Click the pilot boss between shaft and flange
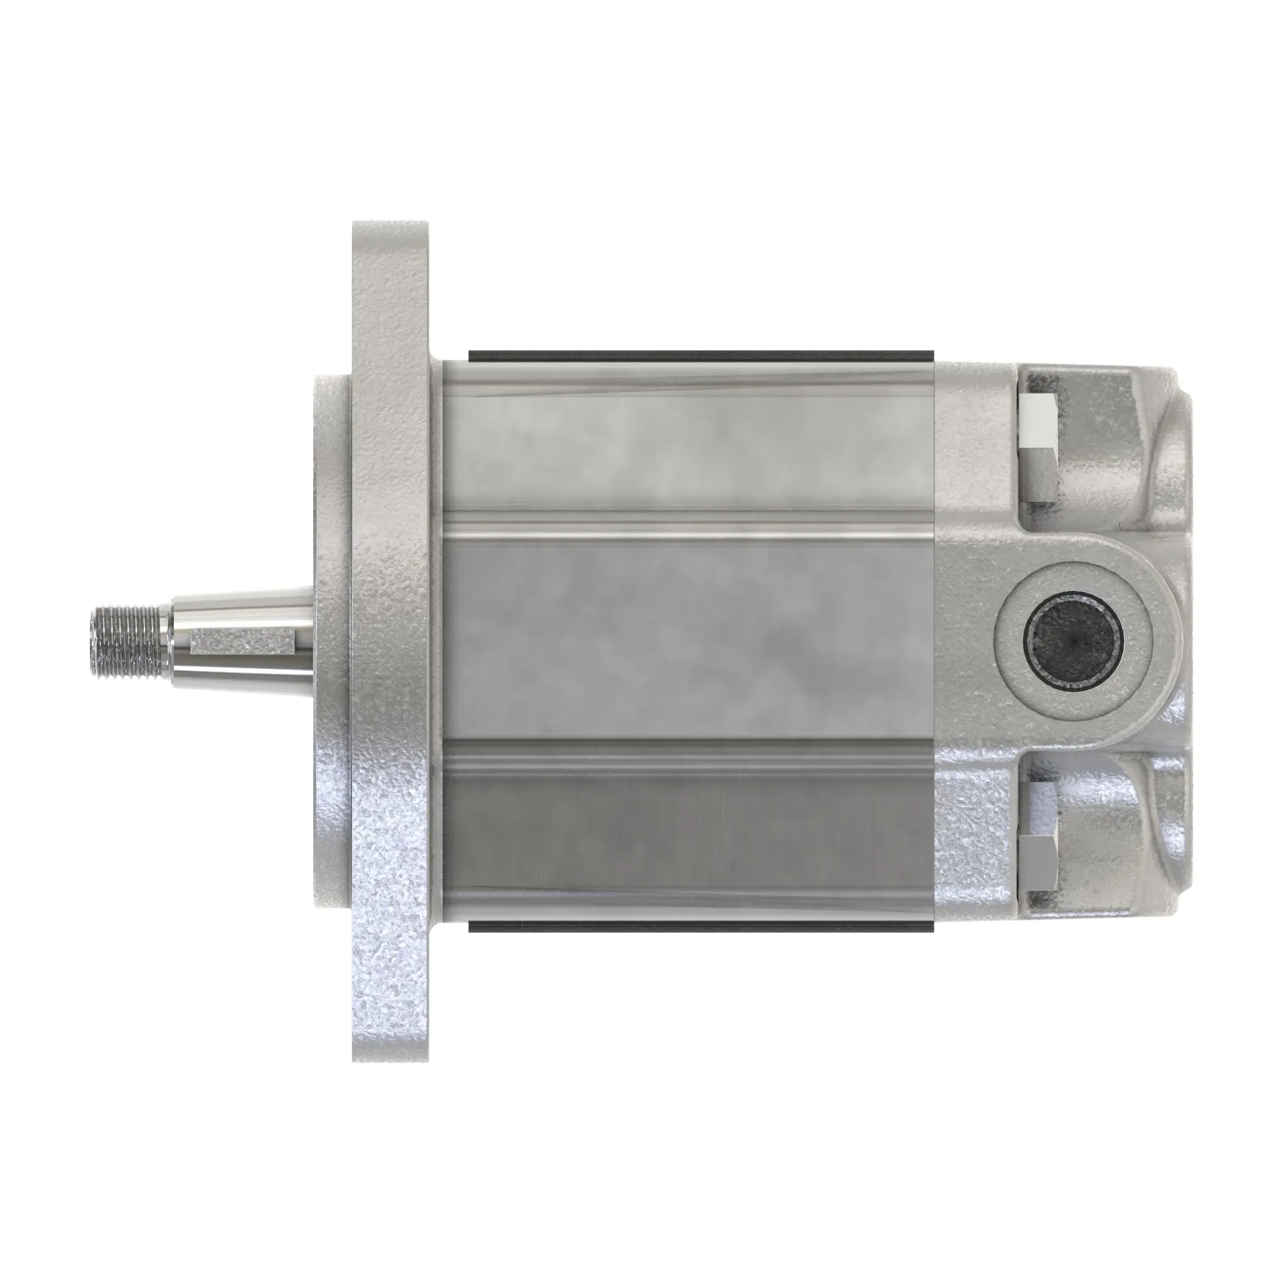tap(332, 638)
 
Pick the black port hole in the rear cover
tap(1073, 641)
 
